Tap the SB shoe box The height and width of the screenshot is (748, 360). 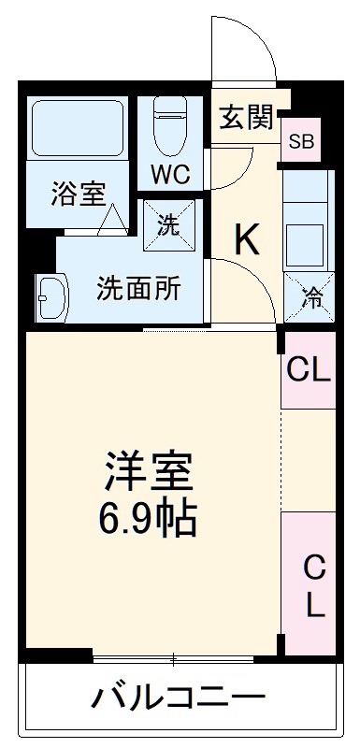pyautogui.click(x=301, y=142)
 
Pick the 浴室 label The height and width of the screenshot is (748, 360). pyautogui.click(x=78, y=194)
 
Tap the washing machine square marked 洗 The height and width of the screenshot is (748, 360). pyautogui.click(x=168, y=226)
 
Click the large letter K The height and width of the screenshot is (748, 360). pyautogui.click(x=246, y=241)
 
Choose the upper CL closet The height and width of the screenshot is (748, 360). pyautogui.click(x=309, y=371)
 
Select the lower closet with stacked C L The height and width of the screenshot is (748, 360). pyautogui.click(x=311, y=584)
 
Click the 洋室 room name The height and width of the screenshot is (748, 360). pyautogui.click(x=148, y=474)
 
